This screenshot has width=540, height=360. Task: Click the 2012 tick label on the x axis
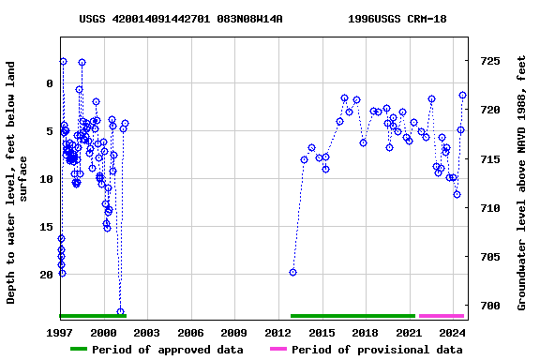pyautogui.click(x=277, y=333)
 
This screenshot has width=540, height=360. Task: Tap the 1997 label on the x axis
pyautogui.click(x=60, y=333)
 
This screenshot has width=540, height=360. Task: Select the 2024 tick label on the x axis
pyautogui.click(x=452, y=333)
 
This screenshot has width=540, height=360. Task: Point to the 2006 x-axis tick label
pyautogui.click(x=190, y=333)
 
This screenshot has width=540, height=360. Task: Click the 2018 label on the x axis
pyautogui.click(x=365, y=333)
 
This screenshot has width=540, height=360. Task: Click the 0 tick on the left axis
pyautogui.click(x=50, y=83)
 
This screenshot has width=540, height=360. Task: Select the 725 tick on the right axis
pyautogui.click(x=490, y=61)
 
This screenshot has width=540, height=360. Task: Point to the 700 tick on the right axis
pyautogui.click(x=490, y=306)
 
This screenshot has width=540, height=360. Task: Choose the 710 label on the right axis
pyautogui.click(x=490, y=208)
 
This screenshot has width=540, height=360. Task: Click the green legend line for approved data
pyautogui.click(x=79, y=350)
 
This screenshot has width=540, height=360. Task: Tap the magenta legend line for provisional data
pyautogui.click(x=277, y=350)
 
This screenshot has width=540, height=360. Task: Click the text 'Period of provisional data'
pyautogui.click(x=377, y=350)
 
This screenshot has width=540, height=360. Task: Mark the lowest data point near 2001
pyautogui.click(x=120, y=311)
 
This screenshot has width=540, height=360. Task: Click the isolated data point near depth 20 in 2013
pyautogui.click(x=292, y=272)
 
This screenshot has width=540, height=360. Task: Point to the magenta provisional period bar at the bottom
pyautogui.click(x=441, y=316)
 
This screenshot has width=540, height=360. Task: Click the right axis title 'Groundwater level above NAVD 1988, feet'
pyautogui.click(x=523, y=183)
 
